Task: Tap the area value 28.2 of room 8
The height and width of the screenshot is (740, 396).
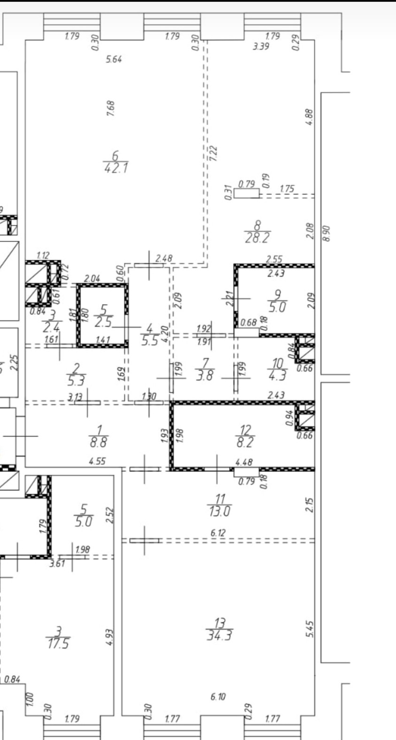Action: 258,237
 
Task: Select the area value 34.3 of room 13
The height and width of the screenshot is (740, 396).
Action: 220,636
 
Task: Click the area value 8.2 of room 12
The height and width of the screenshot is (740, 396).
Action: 245,442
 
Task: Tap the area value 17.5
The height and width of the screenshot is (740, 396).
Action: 58,643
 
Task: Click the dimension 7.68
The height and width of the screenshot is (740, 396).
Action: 111,109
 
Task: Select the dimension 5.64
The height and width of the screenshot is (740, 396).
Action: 114,59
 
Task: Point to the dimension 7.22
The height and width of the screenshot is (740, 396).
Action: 214,153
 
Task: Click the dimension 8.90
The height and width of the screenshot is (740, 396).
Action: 327,232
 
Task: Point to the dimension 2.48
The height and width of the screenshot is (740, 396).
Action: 164,258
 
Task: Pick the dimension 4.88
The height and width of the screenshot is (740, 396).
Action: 309,117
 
